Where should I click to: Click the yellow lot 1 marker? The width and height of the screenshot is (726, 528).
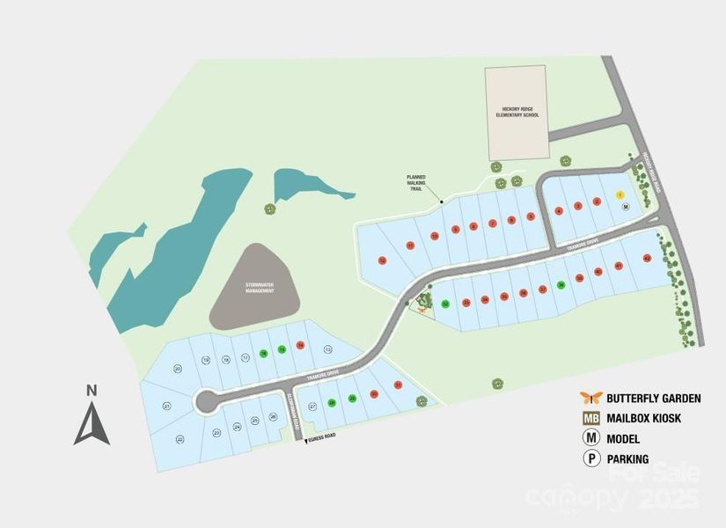point(620,194)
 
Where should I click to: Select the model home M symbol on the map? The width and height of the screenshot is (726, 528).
point(626,206)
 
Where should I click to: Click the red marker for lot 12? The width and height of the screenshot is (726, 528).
point(381,260)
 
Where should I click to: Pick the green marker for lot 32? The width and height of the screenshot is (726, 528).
point(445,304)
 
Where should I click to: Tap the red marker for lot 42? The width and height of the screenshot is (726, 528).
point(647,258)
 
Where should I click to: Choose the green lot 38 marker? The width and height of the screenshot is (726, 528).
point(561,285)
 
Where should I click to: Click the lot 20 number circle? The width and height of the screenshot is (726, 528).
point(178,369)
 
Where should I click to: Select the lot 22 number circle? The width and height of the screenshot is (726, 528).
point(180,438)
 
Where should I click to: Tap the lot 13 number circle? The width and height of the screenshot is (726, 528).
point(327,349)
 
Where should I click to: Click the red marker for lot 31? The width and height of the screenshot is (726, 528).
point(398,385)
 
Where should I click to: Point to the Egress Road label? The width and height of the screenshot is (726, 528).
point(322,437)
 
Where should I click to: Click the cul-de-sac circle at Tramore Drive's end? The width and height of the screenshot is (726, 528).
point(208,401)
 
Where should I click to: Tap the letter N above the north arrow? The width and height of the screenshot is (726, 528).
point(91,390)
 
